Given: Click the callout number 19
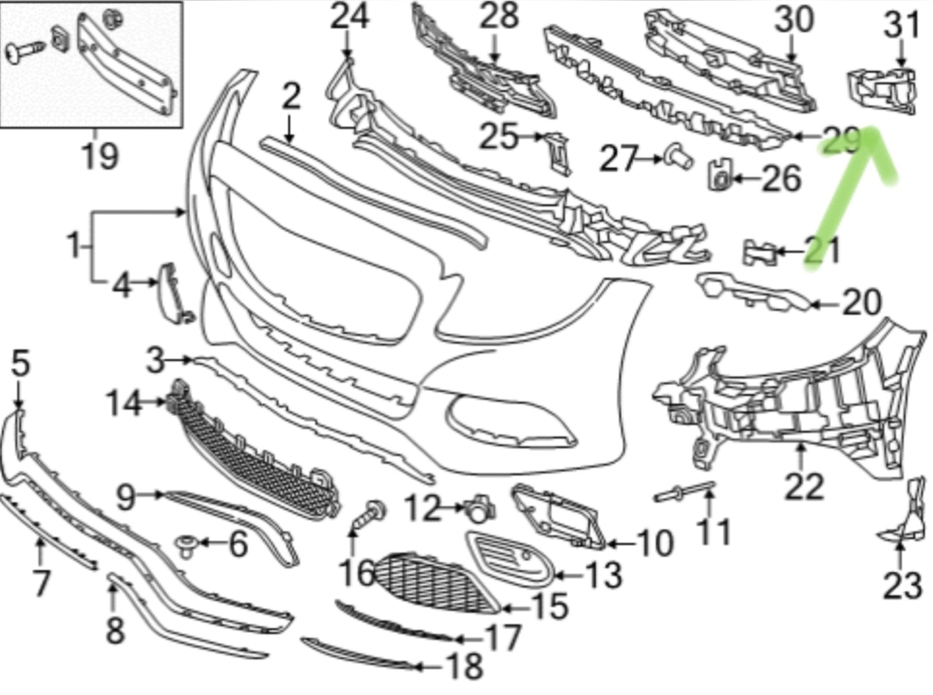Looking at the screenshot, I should [100, 156].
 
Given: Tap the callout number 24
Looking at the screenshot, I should [349, 17].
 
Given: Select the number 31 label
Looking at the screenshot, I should [901, 26].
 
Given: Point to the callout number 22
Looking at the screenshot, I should [804, 487].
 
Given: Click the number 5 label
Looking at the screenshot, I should [20, 363].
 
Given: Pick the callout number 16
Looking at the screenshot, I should [357, 572].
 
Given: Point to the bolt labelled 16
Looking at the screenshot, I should [370, 516].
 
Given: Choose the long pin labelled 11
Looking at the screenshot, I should [685, 493].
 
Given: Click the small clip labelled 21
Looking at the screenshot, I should [761, 252].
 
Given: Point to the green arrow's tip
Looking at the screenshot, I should [870, 131].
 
